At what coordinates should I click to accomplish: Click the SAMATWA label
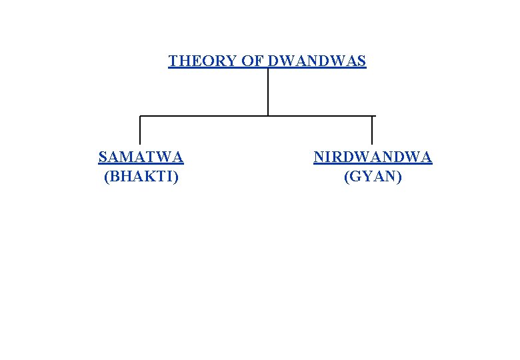(x=141, y=157)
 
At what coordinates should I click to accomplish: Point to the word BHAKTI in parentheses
(x=141, y=177)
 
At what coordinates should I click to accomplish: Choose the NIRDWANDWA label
(x=373, y=157)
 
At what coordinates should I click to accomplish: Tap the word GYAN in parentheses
(x=373, y=177)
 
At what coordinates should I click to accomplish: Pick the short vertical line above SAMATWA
(x=140, y=131)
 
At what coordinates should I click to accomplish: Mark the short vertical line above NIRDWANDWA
(x=372, y=131)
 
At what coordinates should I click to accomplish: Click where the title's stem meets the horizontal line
(x=268, y=116)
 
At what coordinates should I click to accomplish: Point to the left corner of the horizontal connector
(x=140, y=116)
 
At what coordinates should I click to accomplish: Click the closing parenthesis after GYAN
(x=399, y=177)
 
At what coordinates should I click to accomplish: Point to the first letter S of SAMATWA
(x=102, y=157)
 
